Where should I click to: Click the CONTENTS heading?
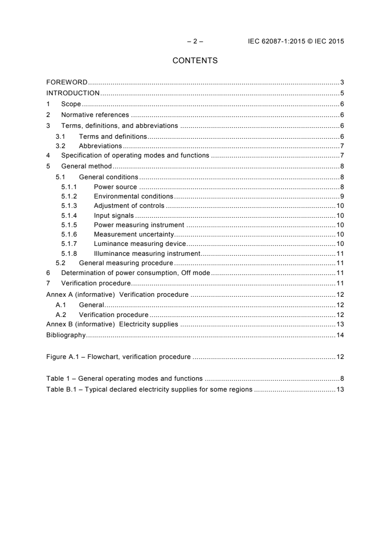click(195, 61)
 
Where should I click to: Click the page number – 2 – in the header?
click(195, 41)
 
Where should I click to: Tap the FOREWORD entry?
click(67, 82)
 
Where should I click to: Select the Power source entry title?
click(115, 187)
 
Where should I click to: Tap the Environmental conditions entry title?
click(133, 196)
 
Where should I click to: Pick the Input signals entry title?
click(113, 215)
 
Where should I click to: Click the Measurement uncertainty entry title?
click(134, 234)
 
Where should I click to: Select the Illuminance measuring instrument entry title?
click(146, 253)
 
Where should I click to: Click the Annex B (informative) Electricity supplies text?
click(112, 324)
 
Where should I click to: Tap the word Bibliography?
click(66, 335)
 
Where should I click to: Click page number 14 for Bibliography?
click(339, 335)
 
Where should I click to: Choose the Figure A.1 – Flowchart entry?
click(118, 356)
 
